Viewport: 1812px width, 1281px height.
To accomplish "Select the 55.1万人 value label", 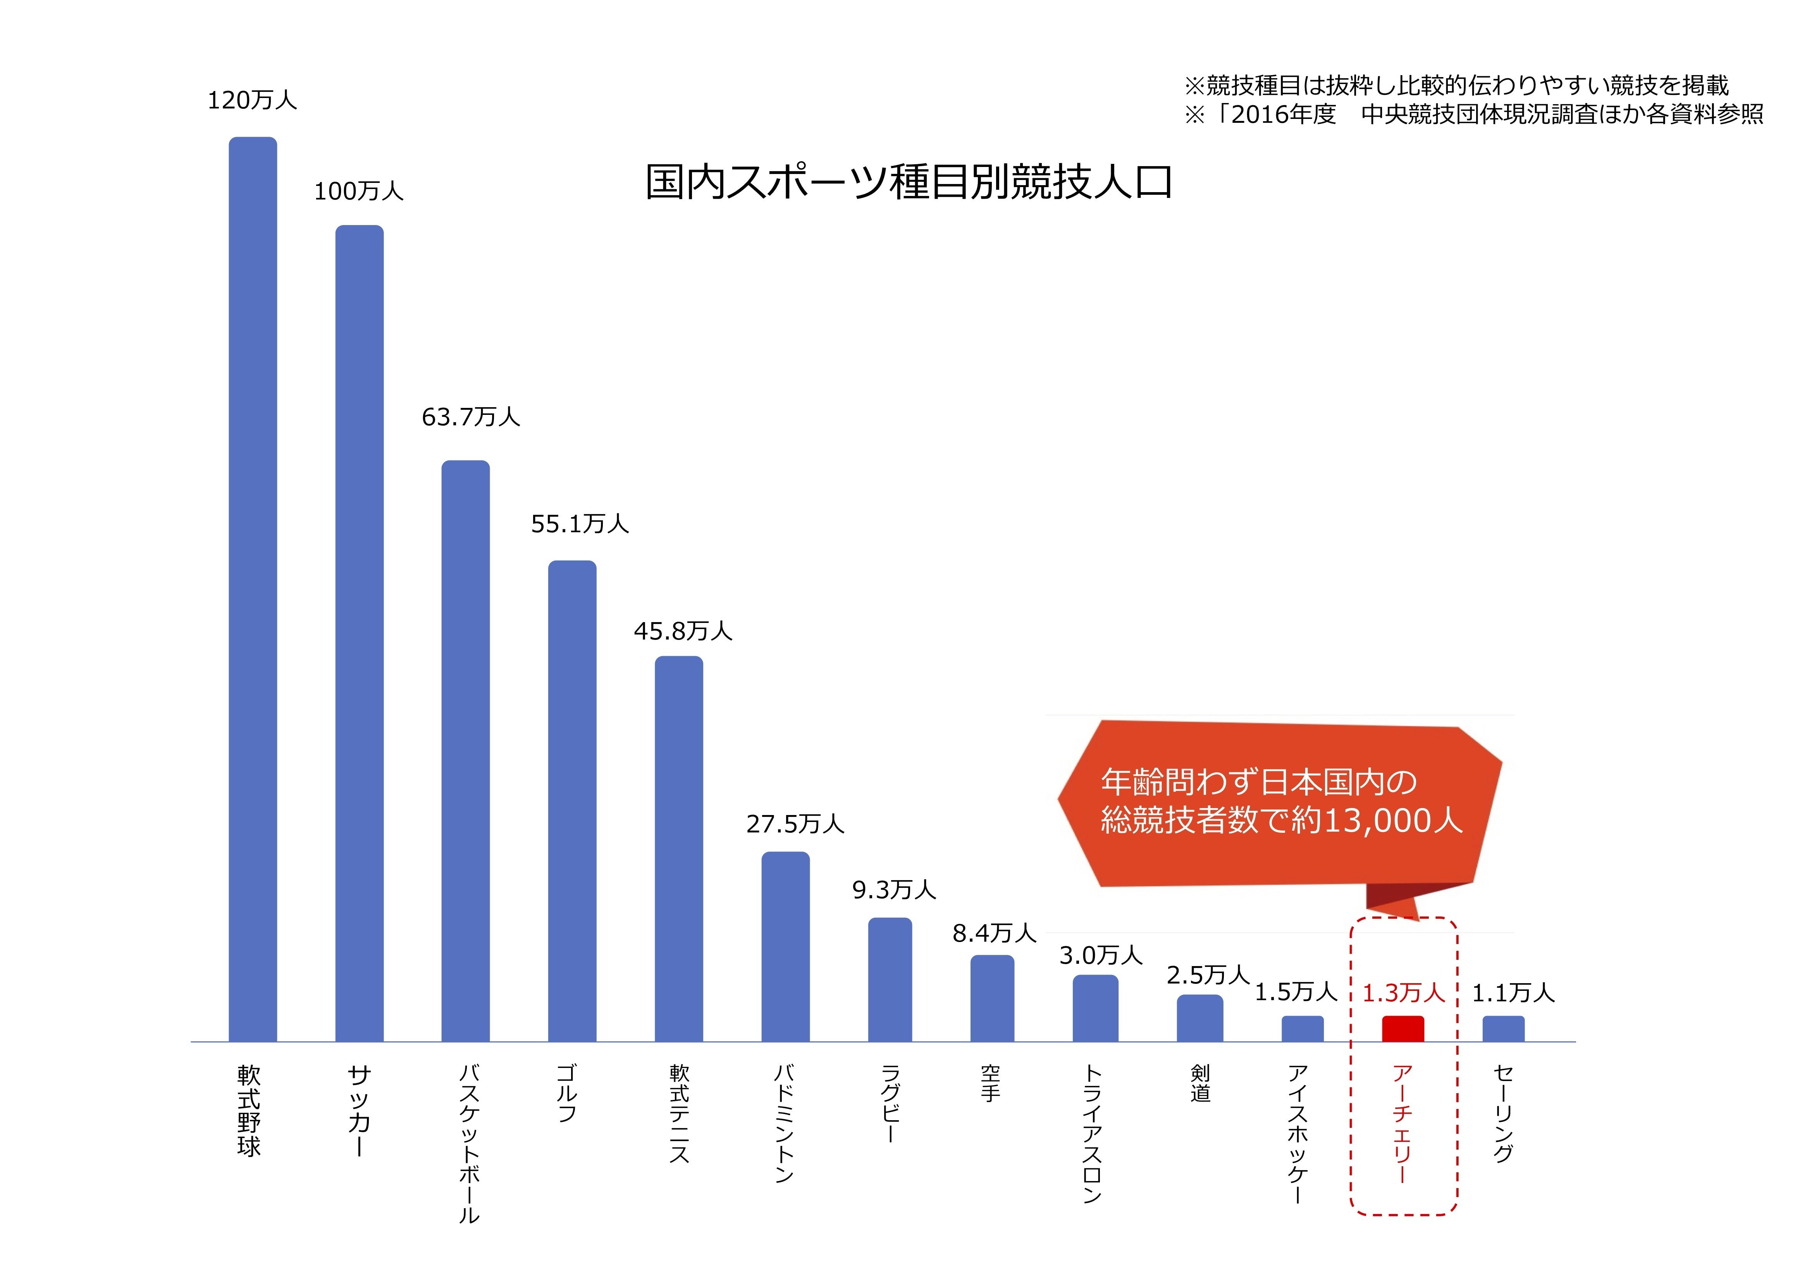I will tap(579, 524).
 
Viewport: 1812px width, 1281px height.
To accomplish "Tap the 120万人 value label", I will tap(252, 100).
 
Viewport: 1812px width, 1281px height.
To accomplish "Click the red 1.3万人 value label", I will tap(1403, 993).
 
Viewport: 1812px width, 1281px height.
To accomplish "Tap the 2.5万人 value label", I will tap(1208, 975).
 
